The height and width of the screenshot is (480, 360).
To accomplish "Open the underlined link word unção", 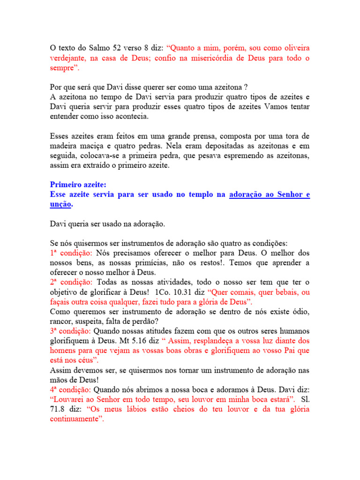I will pos(60,204).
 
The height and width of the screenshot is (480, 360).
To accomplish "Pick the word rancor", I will pos(61,321).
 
